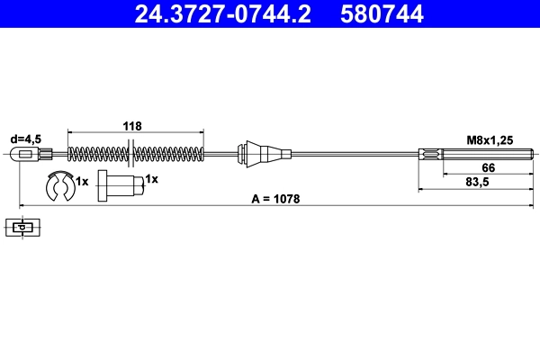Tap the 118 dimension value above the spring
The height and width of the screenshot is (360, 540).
(133, 127)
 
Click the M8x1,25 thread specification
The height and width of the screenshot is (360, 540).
(490, 139)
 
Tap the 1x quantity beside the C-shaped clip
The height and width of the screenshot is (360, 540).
(82, 181)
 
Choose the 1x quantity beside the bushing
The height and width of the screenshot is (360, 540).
(151, 180)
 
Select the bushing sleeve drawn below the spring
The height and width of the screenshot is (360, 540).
(119, 186)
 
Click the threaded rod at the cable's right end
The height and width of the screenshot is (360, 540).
(472, 154)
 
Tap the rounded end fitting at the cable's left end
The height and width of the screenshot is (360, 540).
(27, 154)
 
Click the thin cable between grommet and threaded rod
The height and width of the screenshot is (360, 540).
(351, 154)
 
